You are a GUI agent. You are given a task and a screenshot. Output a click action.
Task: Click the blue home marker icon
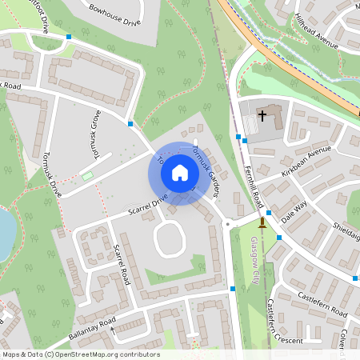click(179, 172)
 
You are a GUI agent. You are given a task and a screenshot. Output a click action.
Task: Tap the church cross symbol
click(262, 116)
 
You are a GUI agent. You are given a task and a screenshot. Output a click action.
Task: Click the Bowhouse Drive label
click(114, 16)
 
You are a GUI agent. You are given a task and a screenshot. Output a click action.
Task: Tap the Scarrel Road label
click(122, 266)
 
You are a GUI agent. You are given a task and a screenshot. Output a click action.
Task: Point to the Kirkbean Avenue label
click(305, 160)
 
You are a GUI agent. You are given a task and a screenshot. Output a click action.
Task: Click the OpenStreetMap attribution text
click(80, 354)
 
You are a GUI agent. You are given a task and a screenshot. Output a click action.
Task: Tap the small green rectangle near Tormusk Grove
click(87, 175)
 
